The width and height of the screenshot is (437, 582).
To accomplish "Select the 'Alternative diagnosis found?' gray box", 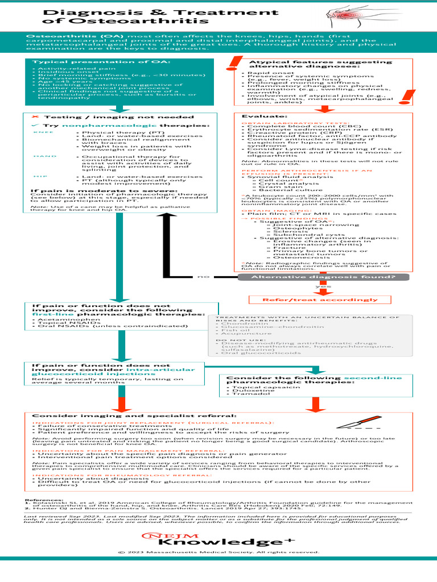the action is coord(316,277).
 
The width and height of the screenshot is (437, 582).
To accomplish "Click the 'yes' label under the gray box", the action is coord(323,287).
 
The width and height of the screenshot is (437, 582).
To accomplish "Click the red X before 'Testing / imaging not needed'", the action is coord(34,117).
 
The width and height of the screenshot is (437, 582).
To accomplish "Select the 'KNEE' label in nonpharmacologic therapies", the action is coord(40,132).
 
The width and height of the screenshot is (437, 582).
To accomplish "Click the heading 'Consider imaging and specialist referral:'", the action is coord(134,416).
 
